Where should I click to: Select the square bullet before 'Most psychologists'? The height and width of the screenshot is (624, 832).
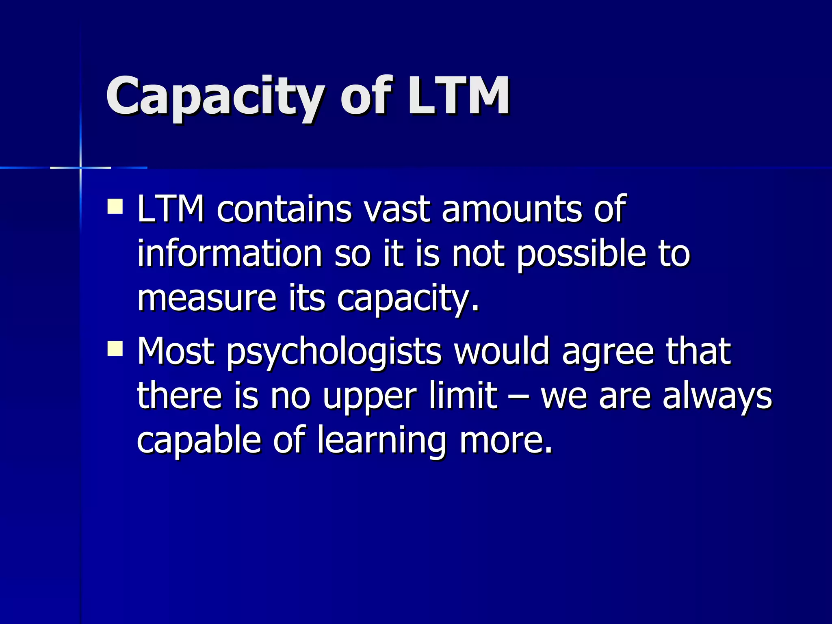(115, 348)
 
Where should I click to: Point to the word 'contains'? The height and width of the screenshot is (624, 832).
(284, 210)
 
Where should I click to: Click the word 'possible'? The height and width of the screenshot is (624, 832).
(581, 254)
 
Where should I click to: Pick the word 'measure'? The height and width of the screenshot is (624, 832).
(207, 299)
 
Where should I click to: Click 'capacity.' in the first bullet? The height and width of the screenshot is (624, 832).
(408, 300)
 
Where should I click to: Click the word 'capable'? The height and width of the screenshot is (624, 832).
(199, 441)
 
